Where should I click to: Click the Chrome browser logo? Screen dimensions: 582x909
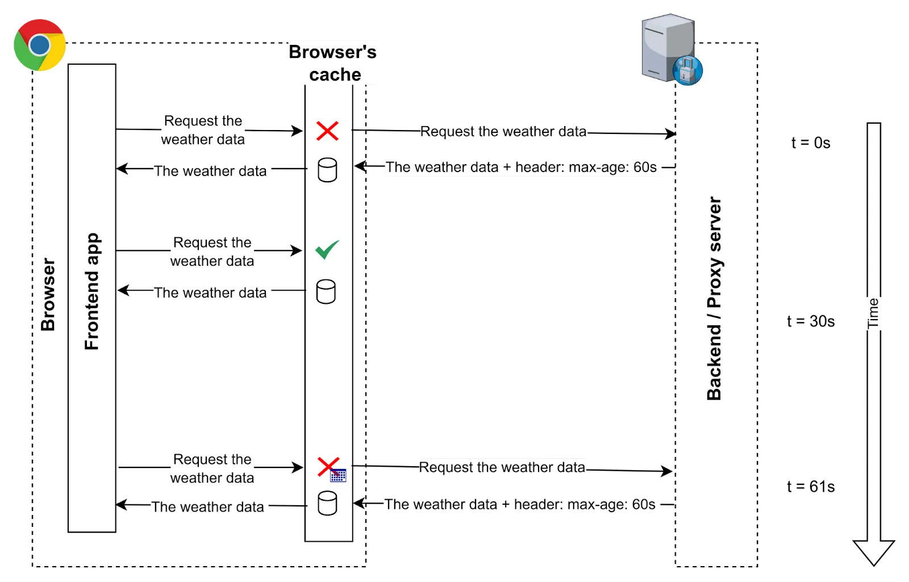40,45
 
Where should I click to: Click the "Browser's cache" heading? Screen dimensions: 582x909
333,63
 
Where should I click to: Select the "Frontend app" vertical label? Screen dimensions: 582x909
91,291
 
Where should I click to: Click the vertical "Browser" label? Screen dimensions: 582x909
48,295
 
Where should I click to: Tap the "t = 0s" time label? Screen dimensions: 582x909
811,143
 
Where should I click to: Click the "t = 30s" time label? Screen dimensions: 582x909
811,321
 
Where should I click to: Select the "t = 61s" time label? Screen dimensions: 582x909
811,487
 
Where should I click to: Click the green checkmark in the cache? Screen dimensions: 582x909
327,249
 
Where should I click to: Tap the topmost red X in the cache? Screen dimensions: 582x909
327,131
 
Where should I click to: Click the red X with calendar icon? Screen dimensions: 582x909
329,467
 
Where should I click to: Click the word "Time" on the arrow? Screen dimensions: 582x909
873,313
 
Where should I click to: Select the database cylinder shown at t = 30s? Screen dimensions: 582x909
326,291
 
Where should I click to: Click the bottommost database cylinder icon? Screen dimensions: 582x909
327,503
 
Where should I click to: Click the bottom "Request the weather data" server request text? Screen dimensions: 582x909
502,467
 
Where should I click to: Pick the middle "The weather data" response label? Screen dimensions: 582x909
210,293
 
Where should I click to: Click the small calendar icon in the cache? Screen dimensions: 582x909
338,476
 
